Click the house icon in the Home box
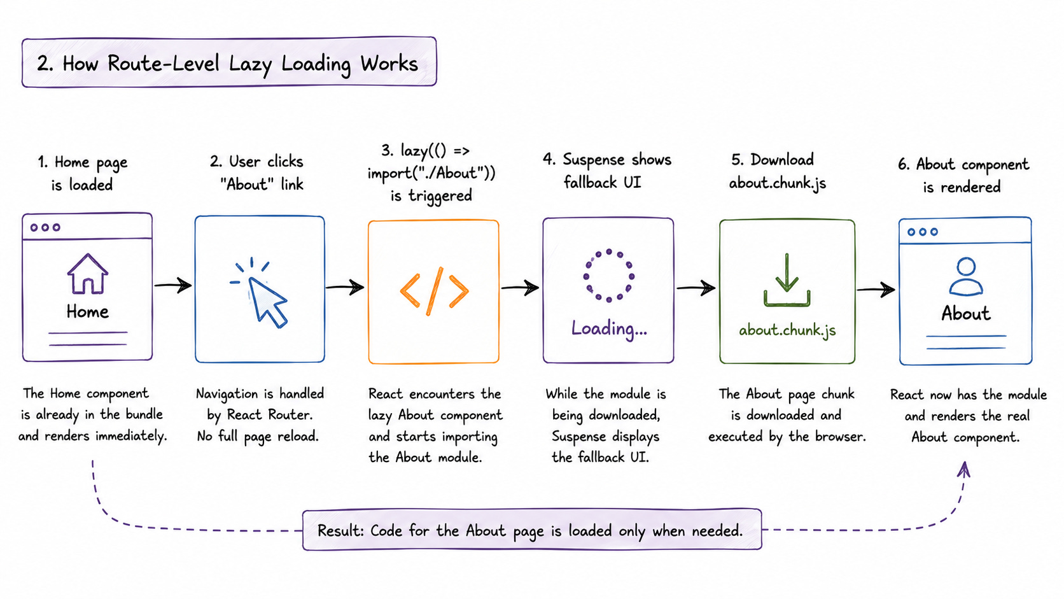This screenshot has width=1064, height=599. click(x=87, y=274)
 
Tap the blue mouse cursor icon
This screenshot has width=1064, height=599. click(x=263, y=295)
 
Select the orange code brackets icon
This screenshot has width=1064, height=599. click(x=434, y=291)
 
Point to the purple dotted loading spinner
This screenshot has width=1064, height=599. click(x=608, y=275)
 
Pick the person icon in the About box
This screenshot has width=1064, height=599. click(x=965, y=276)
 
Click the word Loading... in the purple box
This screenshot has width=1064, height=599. click(x=609, y=328)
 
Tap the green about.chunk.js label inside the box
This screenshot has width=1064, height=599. click(x=787, y=330)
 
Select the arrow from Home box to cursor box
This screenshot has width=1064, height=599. click(x=173, y=285)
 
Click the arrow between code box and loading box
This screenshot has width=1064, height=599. click(x=520, y=287)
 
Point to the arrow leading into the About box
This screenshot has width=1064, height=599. click(x=876, y=289)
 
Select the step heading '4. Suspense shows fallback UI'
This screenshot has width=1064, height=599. click(x=606, y=171)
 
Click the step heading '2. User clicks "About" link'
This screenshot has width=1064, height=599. click(x=257, y=173)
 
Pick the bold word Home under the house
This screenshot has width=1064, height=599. click(x=87, y=312)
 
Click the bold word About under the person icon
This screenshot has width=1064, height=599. click(x=965, y=314)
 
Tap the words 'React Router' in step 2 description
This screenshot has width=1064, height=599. click(x=269, y=414)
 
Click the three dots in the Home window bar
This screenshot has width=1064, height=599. click(x=45, y=227)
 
